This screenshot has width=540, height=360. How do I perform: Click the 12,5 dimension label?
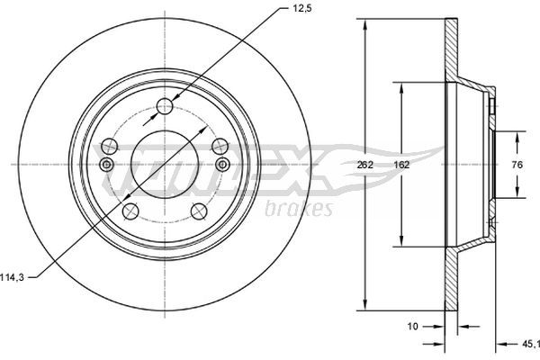(x=302, y=9)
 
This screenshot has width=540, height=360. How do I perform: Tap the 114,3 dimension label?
(x=12, y=277)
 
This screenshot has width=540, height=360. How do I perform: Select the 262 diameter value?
(x=364, y=165)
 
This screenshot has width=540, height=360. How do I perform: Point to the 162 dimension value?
(x=401, y=165)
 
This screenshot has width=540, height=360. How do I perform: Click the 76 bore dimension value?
(x=517, y=165)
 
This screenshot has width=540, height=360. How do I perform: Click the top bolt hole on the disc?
(x=165, y=106)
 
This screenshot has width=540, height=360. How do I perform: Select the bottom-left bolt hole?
(x=130, y=211)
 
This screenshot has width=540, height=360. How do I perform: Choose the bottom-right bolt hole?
(x=199, y=211)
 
